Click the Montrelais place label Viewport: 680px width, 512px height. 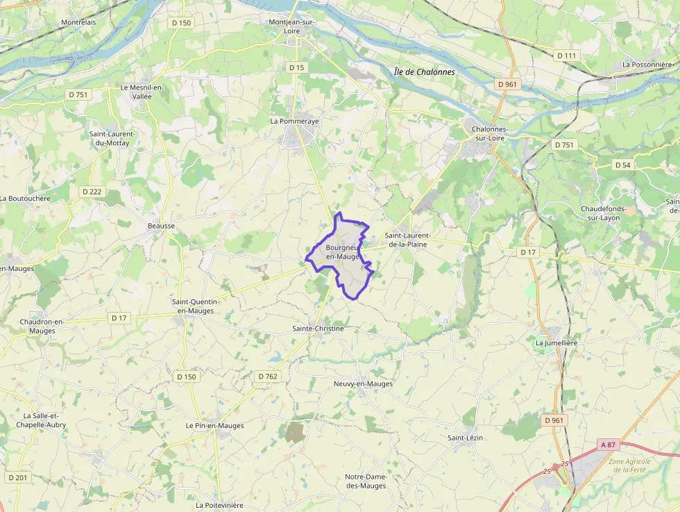pos(78,22)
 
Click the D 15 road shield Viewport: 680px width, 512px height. pos(296,67)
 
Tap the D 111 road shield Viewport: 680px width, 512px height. pos(566,56)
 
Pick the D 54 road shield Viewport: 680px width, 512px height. pos(623,165)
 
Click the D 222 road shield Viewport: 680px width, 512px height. pos(92,192)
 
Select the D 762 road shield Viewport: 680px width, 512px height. pos(268,377)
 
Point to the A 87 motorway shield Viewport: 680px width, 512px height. pos(608,445)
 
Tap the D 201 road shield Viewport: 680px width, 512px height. pos(18,477)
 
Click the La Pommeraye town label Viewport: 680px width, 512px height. pos(294,121)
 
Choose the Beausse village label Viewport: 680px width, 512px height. pos(161,226)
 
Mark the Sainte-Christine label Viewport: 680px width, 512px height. pos(318,328)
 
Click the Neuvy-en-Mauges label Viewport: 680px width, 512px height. pos(363,383)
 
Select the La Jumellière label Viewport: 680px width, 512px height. pos(556,343)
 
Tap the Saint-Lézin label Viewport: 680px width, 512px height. pos(465,438)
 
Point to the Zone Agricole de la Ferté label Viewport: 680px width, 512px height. pos(629,465)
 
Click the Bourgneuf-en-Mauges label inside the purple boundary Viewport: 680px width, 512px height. pos(341,252)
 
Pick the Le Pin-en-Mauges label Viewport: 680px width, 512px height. pos(215,425)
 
